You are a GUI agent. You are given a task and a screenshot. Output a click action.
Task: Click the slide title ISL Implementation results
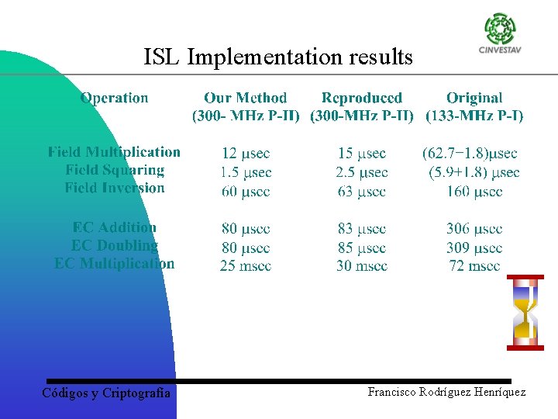278,57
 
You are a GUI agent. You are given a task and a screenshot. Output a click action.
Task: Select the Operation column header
114,98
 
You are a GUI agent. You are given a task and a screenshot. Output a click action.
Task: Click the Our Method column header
246,99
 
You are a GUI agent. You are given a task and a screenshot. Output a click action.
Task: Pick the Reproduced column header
362,99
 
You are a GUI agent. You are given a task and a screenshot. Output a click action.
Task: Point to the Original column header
474,99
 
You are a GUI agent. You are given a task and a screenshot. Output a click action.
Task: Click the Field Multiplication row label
114,152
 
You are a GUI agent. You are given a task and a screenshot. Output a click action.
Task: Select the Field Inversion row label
115,188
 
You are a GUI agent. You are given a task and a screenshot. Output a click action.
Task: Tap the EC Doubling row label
115,245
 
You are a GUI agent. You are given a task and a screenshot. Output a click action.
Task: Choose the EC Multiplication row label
115,263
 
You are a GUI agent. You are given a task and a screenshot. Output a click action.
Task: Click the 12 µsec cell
246,154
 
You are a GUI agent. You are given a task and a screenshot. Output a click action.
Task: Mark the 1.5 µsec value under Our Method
246,172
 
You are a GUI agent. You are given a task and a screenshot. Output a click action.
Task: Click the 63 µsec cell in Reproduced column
362,191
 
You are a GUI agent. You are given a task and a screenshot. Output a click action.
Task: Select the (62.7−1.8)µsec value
470,154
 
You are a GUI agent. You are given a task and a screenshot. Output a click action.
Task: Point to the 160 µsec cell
474,191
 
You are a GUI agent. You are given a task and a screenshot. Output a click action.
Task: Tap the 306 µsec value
474,229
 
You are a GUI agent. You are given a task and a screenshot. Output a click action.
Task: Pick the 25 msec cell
246,266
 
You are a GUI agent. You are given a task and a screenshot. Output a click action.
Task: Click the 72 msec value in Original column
474,266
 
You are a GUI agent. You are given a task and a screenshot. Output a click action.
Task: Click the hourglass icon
525,313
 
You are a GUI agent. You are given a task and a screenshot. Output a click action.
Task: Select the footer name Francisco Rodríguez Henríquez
446,393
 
